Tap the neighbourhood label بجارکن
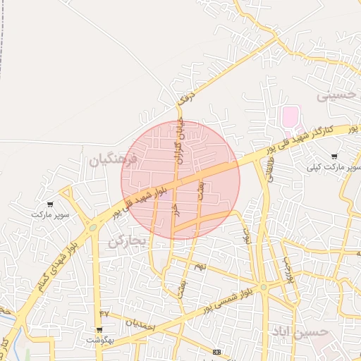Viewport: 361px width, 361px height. click(128, 243)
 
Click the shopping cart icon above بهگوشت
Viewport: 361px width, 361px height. click(99, 329)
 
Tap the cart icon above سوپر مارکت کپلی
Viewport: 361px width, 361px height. click(334, 157)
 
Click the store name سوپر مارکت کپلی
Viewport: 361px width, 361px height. click(334, 168)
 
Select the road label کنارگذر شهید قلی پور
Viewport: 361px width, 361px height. click(311, 138)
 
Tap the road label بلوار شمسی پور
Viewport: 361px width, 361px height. click(226, 300)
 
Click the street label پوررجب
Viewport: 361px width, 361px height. click(286, 268)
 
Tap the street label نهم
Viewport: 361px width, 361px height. click(200, 266)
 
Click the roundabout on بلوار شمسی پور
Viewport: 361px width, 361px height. click(263, 287)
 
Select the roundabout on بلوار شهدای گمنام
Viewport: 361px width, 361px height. click(92, 227)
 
